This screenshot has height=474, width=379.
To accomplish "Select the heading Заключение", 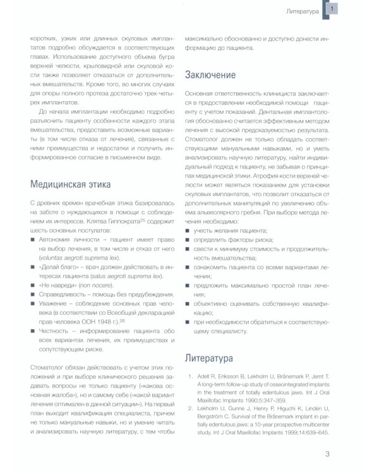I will [210, 76].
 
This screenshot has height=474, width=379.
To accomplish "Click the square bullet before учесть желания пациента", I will [188, 231].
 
